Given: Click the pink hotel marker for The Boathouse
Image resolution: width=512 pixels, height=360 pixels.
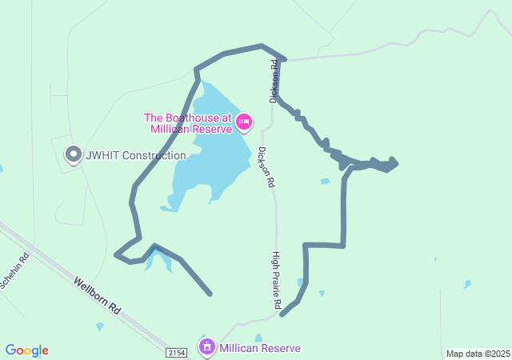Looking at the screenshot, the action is click(x=244, y=122).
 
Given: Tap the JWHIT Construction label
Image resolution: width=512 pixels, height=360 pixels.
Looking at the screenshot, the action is click(x=134, y=155).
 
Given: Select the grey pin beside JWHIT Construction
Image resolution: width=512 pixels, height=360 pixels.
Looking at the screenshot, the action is click(x=74, y=153).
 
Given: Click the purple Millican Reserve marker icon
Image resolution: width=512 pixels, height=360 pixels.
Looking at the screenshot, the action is click(x=207, y=346).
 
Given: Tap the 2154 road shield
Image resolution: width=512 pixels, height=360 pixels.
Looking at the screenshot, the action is click(x=177, y=353).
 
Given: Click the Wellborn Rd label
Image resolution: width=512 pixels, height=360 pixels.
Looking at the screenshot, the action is click(x=97, y=295).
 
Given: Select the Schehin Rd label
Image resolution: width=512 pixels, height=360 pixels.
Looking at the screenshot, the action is click(x=14, y=270).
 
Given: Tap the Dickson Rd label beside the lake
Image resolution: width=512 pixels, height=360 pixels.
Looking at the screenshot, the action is click(x=266, y=166).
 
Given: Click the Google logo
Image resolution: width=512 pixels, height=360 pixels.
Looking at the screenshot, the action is click(x=26, y=350).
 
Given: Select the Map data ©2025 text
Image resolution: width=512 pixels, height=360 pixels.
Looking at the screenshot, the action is click(x=478, y=354).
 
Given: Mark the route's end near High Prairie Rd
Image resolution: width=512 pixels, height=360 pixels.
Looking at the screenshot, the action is click(x=282, y=314).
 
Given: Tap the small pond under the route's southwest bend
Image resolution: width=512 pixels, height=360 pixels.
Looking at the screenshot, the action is click(x=158, y=259).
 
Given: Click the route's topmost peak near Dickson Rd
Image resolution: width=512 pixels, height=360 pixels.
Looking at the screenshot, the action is click(x=262, y=46).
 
